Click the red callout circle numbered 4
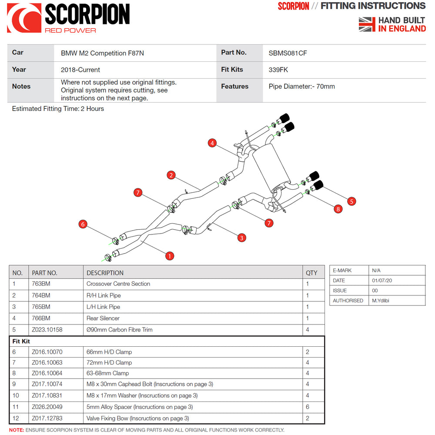click(x=212, y=143)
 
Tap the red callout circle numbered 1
click(x=170, y=256)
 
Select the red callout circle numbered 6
click(x=83, y=224)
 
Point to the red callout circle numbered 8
click(x=338, y=209)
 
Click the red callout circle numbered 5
click(x=351, y=201)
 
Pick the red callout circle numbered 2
click(x=171, y=175)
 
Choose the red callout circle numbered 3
click(x=241, y=238)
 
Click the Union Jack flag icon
click(x=367, y=24)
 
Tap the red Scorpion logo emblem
click(x=24, y=18)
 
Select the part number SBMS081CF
click(x=288, y=53)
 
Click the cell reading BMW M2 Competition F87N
click(x=102, y=53)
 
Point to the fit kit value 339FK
click(x=278, y=70)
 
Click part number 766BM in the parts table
click(x=41, y=318)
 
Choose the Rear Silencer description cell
click(x=103, y=318)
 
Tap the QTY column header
click(x=311, y=273)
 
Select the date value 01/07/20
click(x=382, y=281)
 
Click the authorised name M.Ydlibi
click(x=381, y=301)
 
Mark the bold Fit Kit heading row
click(x=21, y=341)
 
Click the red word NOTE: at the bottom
click(x=17, y=430)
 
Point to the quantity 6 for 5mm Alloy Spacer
click(x=308, y=407)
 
